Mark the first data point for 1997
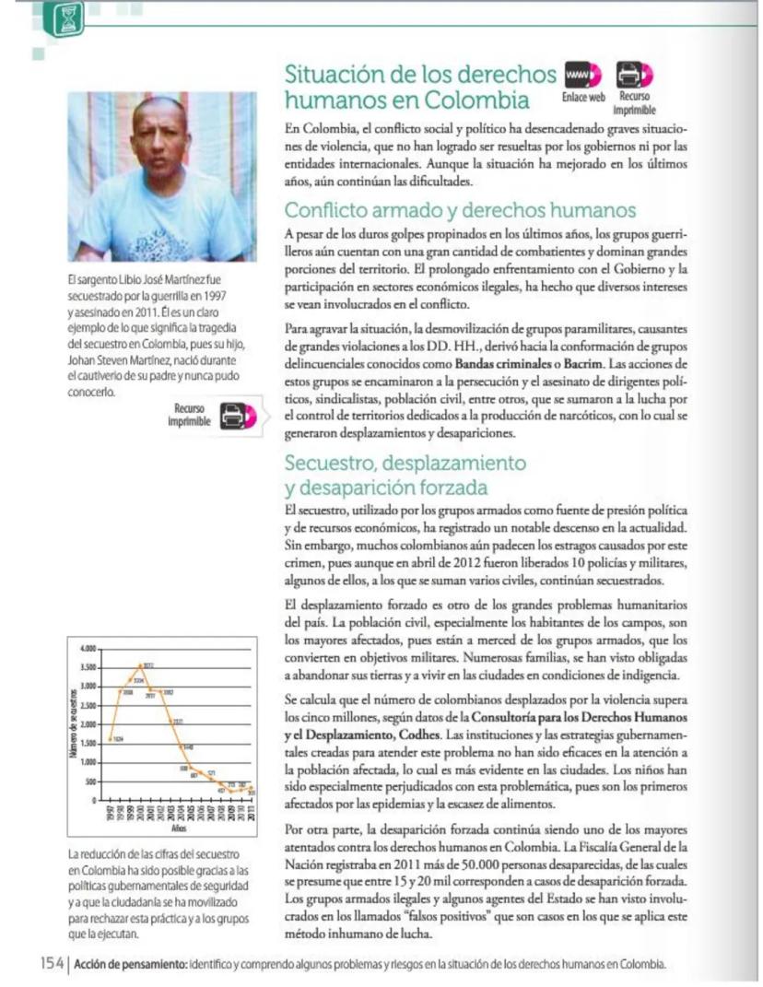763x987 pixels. click(111, 738)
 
